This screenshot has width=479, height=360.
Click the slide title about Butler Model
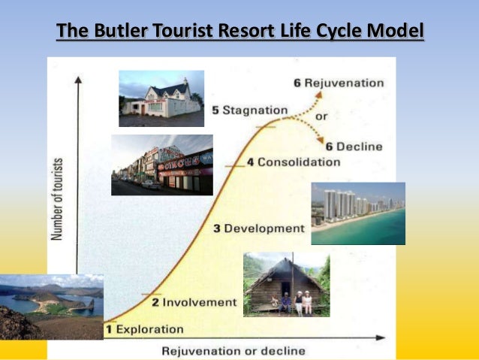[240, 32]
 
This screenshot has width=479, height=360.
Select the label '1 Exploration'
[144, 328]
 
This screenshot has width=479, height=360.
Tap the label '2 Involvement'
[194, 302]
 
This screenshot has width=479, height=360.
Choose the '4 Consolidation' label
[294, 162]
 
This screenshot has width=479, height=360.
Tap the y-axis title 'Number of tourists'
[57, 199]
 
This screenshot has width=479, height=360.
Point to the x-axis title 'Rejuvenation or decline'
[234, 350]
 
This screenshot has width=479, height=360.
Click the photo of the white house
[161, 98]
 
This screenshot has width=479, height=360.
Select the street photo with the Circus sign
[161, 165]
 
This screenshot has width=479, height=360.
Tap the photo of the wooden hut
[286, 283]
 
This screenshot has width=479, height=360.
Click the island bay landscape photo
[51, 307]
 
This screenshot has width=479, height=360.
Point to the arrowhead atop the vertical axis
[78, 77]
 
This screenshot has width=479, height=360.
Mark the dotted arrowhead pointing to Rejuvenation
[321, 94]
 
